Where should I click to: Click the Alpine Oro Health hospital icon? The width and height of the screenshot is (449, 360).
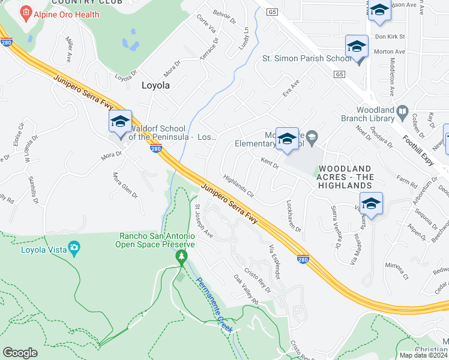(x=26, y=12)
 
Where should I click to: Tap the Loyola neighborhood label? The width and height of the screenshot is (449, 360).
(x=155, y=85)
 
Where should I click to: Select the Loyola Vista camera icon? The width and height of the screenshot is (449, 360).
(x=74, y=247)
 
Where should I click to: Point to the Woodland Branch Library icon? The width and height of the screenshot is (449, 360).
(x=402, y=110)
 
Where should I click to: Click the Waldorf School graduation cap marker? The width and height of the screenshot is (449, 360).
(x=120, y=122)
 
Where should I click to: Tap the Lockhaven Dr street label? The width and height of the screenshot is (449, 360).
(x=294, y=217)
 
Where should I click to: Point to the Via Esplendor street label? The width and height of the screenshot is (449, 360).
(x=274, y=260)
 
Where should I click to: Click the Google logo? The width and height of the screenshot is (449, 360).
(x=20, y=353)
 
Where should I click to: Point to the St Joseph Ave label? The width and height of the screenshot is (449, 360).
(x=203, y=220)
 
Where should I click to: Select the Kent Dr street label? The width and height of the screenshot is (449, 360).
(x=270, y=162)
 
